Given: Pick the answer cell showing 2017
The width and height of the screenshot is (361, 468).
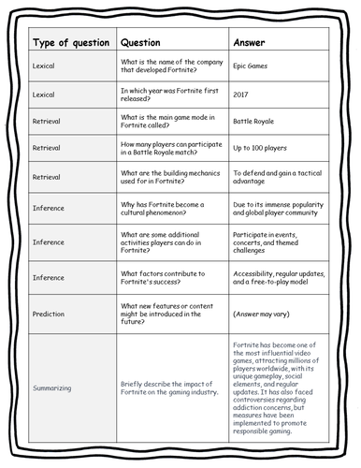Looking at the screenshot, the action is [x=241, y=95].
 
